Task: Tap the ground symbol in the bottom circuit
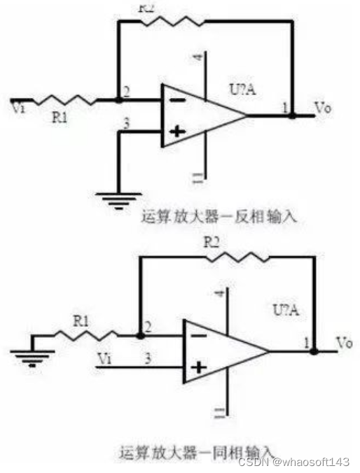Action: (32, 359)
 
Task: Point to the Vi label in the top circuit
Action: (18, 107)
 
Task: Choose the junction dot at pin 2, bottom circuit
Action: (141, 336)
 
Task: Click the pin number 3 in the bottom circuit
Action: (148, 358)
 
